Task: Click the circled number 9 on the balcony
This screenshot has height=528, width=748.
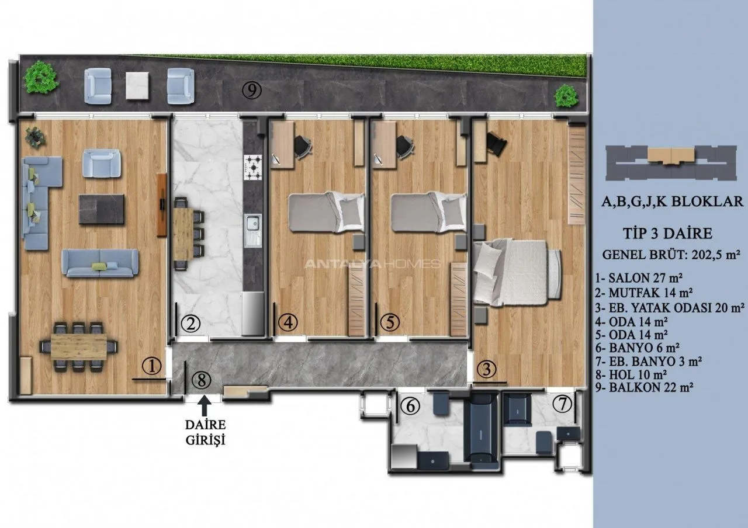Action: coord(252,90)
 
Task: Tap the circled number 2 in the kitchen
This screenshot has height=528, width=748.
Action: coord(191,323)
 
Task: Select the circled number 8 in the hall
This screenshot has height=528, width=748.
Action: coord(202,380)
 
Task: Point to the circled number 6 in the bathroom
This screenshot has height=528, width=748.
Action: coord(410,406)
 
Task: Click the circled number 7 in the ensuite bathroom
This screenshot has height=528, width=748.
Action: coord(562,404)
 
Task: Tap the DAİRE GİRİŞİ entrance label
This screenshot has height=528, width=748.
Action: coord(205,433)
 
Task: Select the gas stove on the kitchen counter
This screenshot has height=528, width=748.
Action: coord(253,167)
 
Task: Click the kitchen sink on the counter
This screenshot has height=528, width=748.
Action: coord(253,230)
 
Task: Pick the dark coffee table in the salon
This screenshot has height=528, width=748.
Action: coord(102,209)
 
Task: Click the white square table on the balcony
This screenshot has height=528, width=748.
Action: coord(137,85)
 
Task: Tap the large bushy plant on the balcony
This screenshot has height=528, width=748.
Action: coord(40,77)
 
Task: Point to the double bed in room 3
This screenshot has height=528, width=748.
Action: coord(518,272)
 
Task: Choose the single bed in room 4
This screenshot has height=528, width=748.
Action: coord(326,211)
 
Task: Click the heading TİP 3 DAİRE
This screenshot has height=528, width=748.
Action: coord(668,233)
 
